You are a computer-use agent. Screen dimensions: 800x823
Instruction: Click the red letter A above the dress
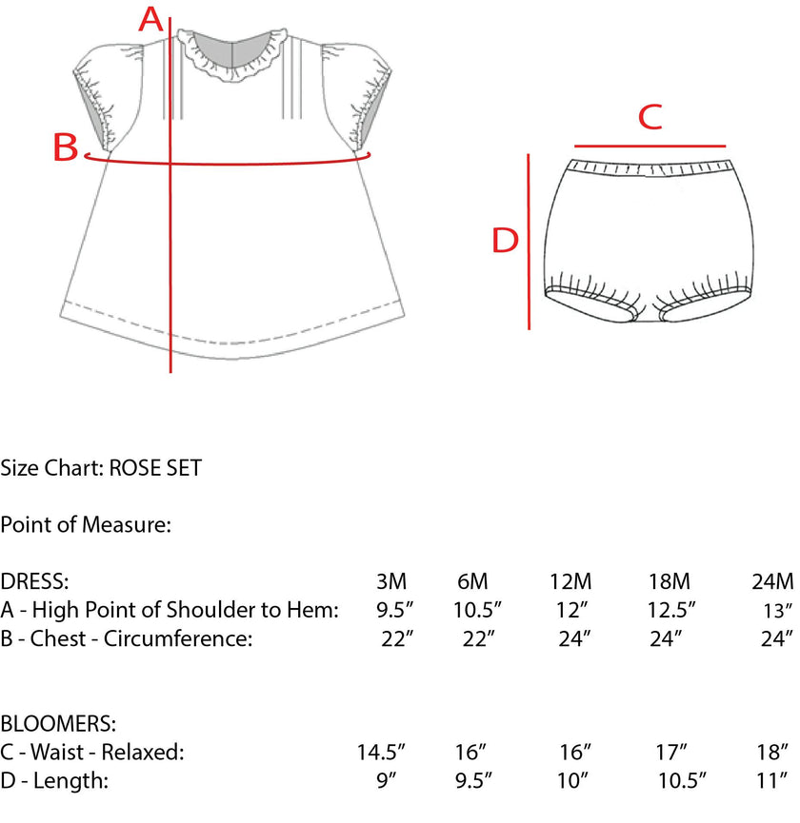click(x=150, y=20)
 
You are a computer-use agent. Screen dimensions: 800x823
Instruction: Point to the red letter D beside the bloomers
click(x=505, y=241)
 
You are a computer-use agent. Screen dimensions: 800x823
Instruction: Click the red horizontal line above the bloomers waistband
click(x=650, y=146)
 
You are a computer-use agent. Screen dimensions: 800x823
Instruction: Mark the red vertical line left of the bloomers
click(x=529, y=242)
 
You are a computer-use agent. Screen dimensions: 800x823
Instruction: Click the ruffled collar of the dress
click(x=232, y=55)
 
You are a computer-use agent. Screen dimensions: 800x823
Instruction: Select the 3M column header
click(x=391, y=581)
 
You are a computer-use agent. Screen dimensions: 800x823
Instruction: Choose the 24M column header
click(x=772, y=581)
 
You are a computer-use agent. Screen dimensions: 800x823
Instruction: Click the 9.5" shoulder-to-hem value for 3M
click(x=394, y=610)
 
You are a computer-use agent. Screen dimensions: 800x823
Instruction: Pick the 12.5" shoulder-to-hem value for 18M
click(x=670, y=610)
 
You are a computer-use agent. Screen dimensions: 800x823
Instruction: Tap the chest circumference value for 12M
click(x=574, y=638)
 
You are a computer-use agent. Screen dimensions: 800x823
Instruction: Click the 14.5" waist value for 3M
click(x=381, y=753)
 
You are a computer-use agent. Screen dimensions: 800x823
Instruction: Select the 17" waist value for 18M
click(x=671, y=753)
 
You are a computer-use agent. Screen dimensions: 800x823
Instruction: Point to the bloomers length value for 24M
click(x=771, y=780)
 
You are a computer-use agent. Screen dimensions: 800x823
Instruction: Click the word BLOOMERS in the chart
click(x=58, y=724)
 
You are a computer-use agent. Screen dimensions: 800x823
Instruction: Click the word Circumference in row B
click(x=177, y=638)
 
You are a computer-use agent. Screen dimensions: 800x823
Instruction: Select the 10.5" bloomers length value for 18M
click(x=682, y=780)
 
